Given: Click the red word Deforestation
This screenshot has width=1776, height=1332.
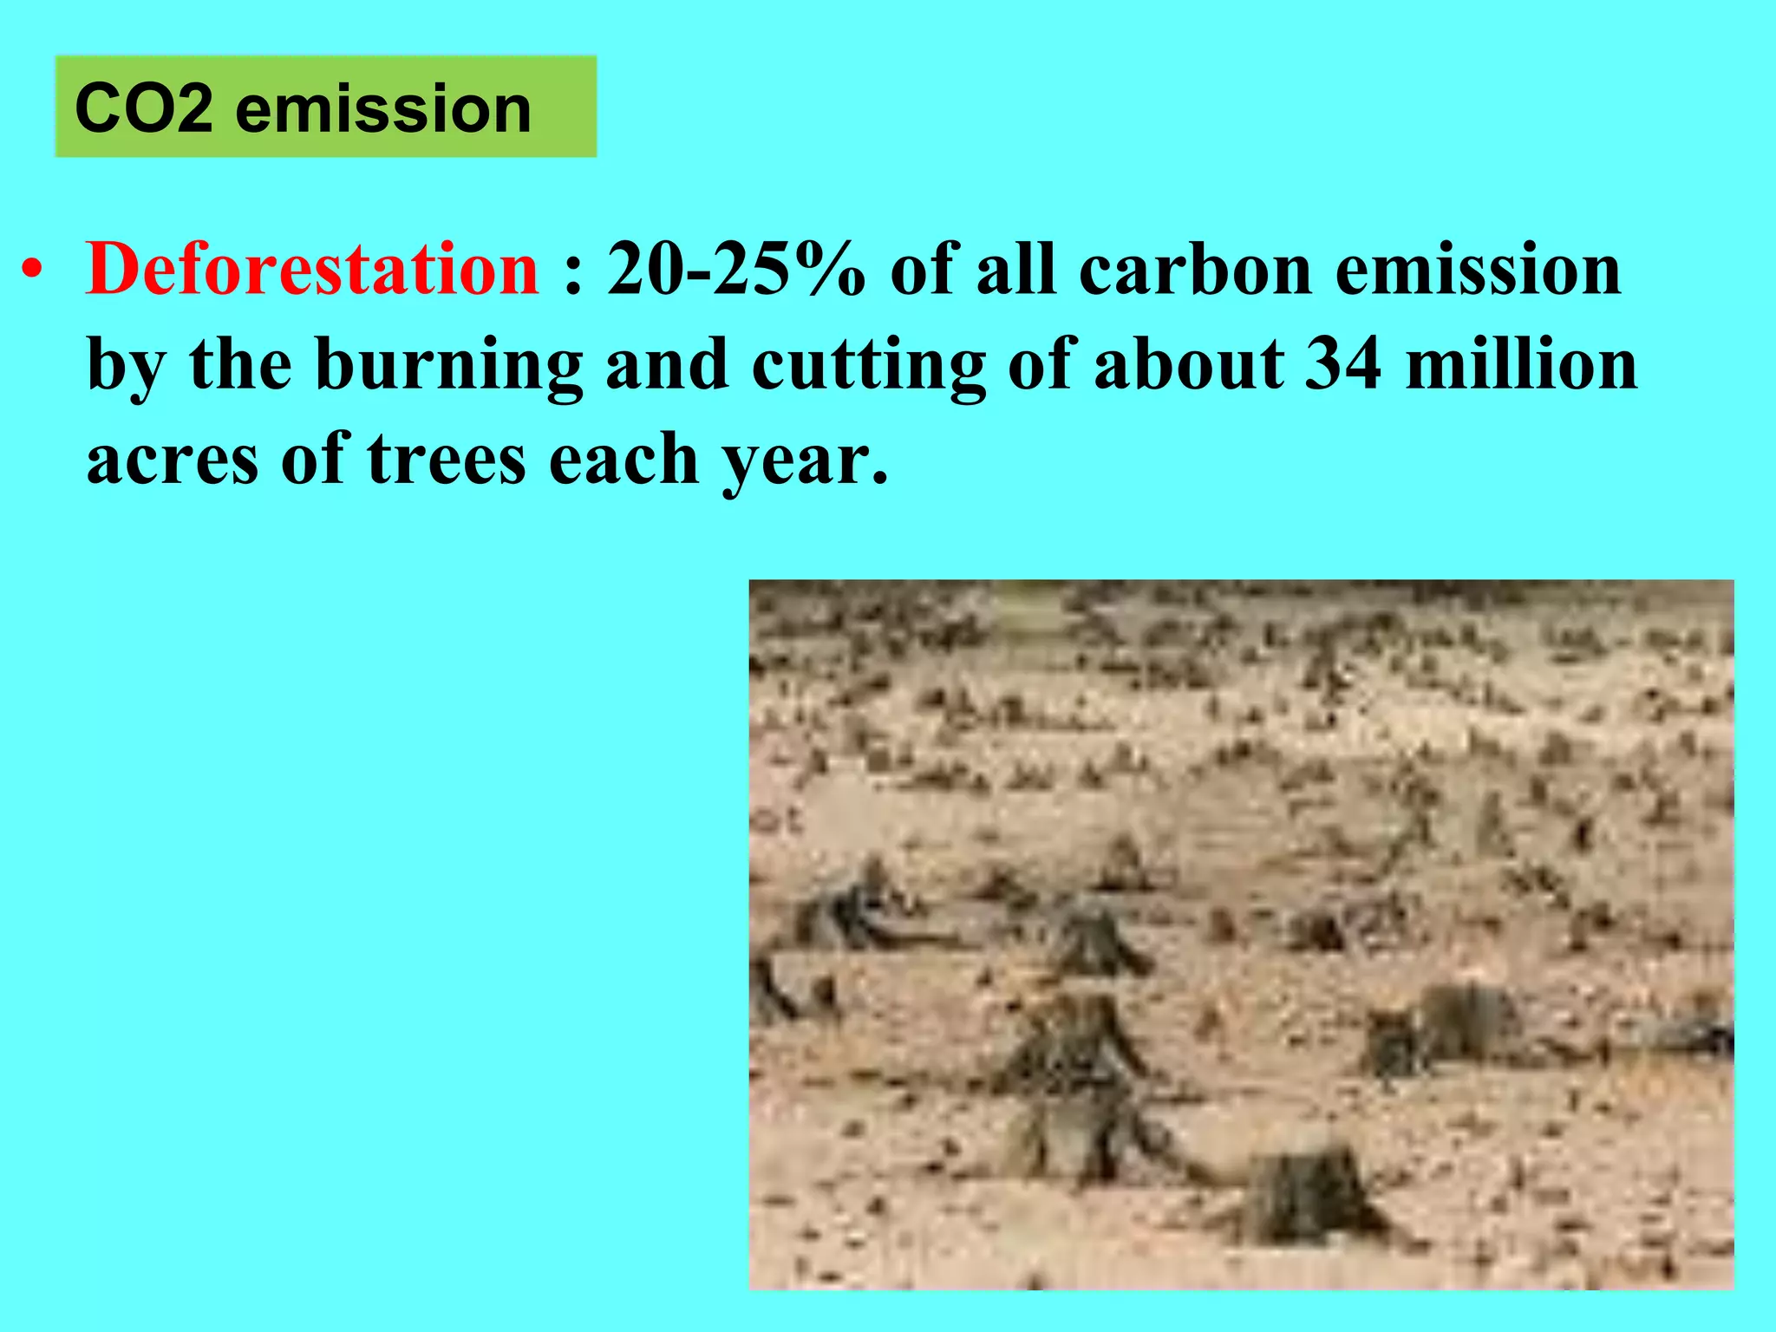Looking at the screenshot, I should click(x=312, y=271).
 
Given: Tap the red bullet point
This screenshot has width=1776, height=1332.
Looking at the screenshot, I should click(x=32, y=272).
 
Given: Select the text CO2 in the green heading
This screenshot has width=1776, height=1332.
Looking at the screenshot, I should click(x=143, y=109).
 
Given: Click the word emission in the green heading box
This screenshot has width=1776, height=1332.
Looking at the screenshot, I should click(x=382, y=109).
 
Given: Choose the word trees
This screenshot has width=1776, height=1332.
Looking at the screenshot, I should click(x=447, y=460).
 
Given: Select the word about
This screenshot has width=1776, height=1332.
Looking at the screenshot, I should click(x=1188, y=364).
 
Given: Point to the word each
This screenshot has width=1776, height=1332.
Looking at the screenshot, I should click(x=624, y=460).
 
